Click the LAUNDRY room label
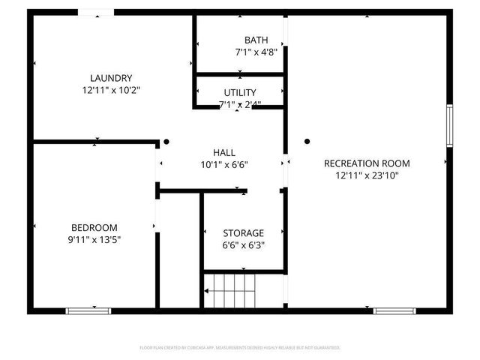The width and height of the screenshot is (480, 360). [x=111, y=78]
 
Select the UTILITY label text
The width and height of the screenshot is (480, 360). [x=239, y=92]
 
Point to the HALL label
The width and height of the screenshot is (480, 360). [x=224, y=152]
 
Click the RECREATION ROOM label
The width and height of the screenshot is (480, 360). [x=367, y=163]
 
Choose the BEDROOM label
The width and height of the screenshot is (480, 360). [x=94, y=228]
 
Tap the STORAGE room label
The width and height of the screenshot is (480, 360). [x=244, y=233]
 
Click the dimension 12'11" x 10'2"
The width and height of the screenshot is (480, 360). [x=111, y=90]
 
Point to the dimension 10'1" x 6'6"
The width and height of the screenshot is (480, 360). [x=224, y=164]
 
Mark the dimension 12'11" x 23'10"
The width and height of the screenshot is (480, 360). [x=367, y=175]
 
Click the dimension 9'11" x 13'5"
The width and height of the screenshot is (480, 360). [x=94, y=240]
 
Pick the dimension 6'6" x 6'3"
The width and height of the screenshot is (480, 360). [x=244, y=245]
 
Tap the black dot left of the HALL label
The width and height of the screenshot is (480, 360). [x=166, y=141]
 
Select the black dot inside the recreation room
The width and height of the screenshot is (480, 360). [x=307, y=141]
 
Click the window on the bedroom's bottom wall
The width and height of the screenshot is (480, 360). [x=88, y=310]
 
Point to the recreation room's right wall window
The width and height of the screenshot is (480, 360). [x=450, y=125]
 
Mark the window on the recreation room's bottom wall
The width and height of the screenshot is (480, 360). [x=395, y=310]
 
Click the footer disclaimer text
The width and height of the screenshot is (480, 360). [x=240, y=348]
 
